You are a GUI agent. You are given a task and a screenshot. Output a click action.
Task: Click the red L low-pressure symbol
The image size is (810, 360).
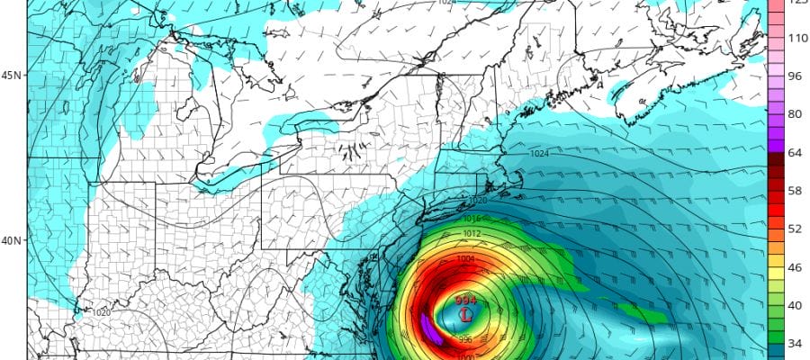(465, 316)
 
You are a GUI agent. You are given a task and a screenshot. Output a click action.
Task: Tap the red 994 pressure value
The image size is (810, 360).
(465, 301)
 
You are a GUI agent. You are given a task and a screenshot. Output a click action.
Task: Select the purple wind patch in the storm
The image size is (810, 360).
(430, 328)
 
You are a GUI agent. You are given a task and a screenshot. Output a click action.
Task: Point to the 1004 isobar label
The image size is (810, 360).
(464, 259)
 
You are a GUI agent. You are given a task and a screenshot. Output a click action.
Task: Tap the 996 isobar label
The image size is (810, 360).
(464, 339)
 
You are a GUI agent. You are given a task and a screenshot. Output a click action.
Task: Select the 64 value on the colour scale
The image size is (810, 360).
(795, 152)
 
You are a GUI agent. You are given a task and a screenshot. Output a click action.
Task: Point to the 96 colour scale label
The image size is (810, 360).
(795, 76)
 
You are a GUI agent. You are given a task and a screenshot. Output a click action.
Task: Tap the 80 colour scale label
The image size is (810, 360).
(795, 114)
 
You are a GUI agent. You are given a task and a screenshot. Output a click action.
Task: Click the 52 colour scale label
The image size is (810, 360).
(795, 229)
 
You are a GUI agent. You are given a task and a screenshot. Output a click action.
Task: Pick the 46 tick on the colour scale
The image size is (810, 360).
(795, 267)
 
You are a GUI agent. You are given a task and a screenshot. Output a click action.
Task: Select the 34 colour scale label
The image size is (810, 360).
(795, 344)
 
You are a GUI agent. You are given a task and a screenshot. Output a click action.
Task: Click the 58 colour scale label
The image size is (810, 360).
(795, 191)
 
